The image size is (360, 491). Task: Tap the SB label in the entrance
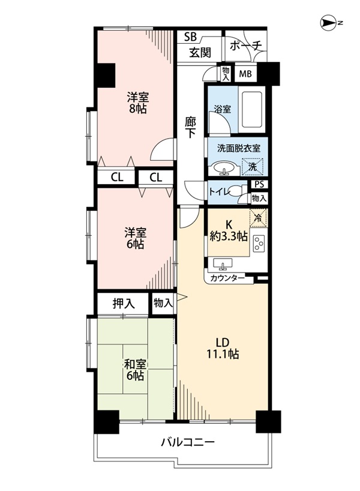click(x=190, y=37)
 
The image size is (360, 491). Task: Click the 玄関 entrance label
click(x=200, y=52)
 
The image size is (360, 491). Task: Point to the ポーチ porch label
click(x=245, y=46)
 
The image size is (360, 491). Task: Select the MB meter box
click(x=245, y=74)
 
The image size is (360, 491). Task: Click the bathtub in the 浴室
click(x=251, y=110)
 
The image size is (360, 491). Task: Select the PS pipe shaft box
click(x=259, y=184)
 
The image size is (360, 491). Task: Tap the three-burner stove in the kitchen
click(x=259, y=242)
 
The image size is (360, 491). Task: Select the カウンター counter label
click(x=227, y=278)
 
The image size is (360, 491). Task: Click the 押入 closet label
click(x=124, y=303)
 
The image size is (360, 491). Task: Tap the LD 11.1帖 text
click(x=222, y=348)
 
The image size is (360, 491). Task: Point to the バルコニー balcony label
click(x=188, y=442)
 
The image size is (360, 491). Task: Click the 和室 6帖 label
click(x=135, y=370)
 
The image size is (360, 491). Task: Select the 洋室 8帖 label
click(x=137, y=103)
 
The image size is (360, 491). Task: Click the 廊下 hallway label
click(x=190, y=127)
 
